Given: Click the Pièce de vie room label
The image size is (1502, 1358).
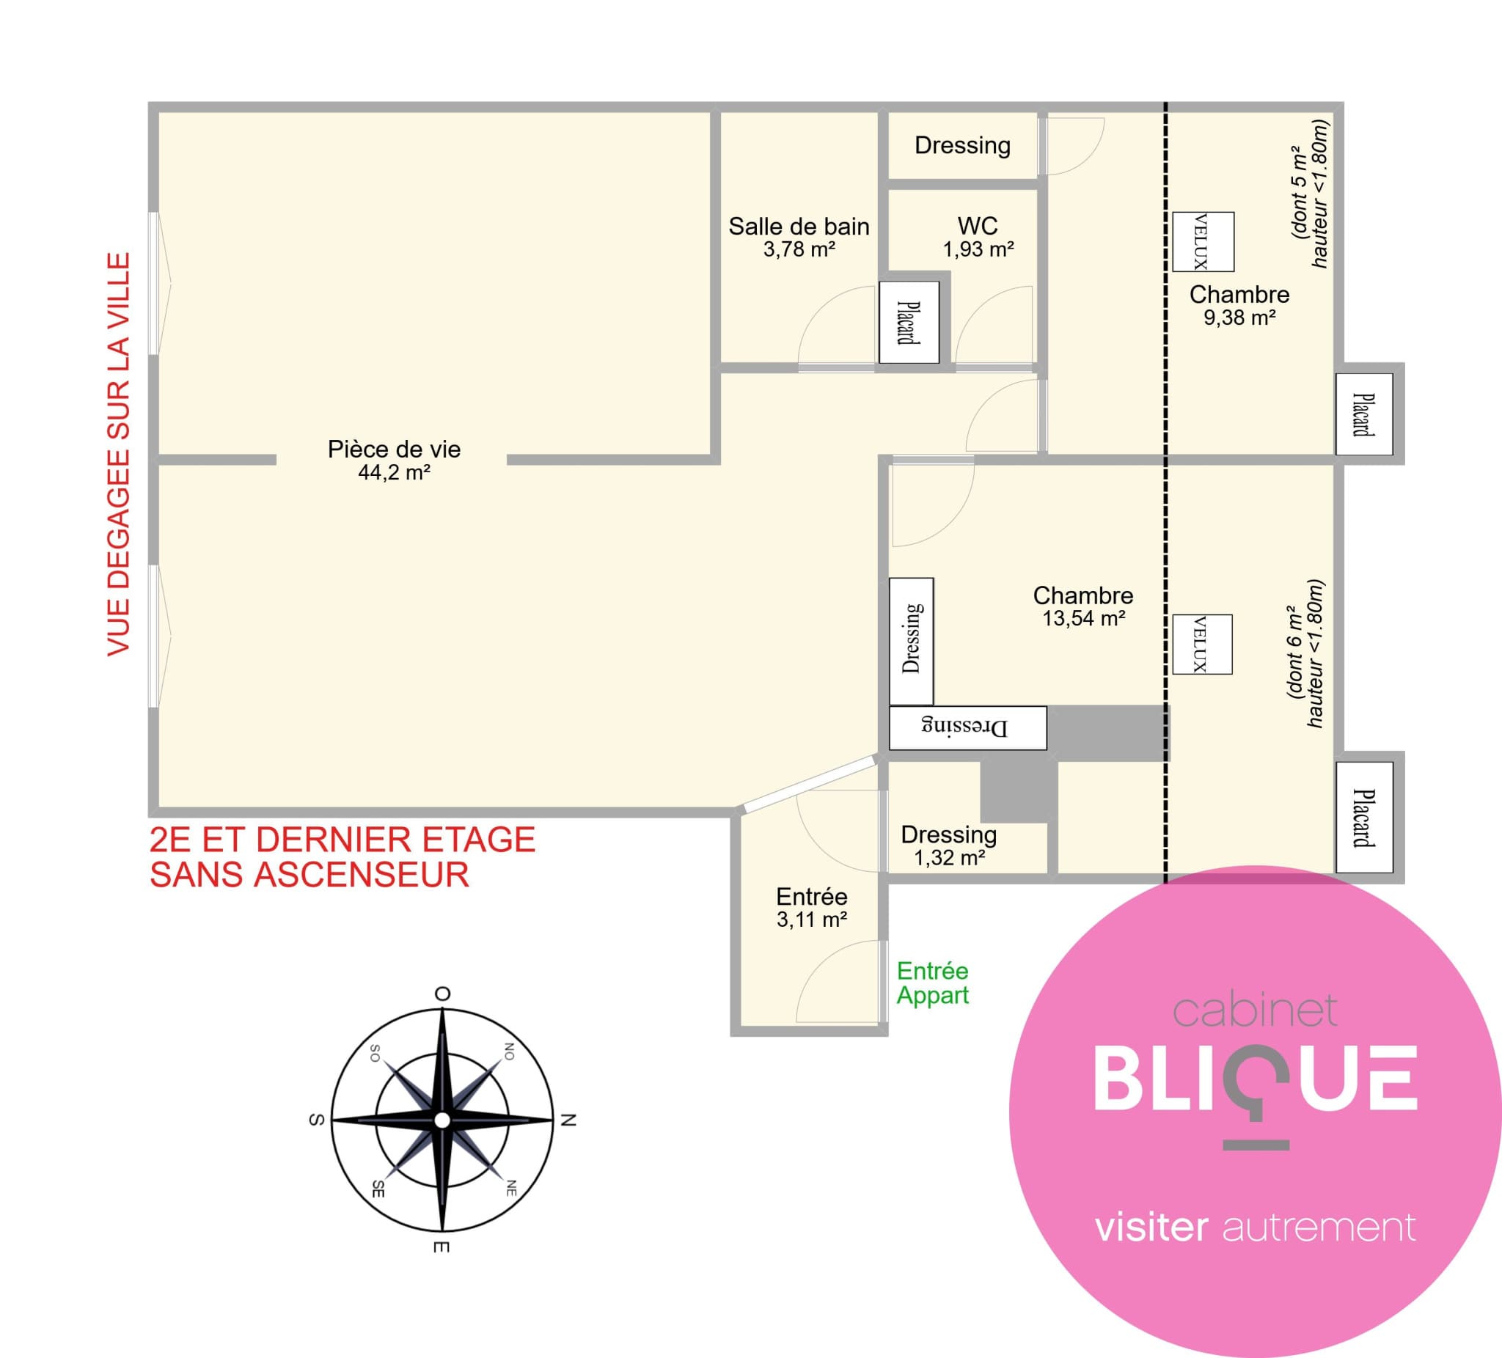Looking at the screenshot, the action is click(x=394, y=449).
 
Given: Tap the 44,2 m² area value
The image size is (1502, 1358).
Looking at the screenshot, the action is click(x=394, y=472).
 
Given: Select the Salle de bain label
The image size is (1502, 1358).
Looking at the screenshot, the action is click(x=799, y=226).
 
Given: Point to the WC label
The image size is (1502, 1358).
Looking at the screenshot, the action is click(x=978, y=225).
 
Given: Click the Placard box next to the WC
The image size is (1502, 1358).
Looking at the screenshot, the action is click(x=909, y=323).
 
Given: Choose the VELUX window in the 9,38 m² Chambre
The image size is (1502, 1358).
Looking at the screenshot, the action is click(x=1204, y=242).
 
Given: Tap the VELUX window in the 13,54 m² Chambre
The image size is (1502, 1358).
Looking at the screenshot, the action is click(x=1203, y=645).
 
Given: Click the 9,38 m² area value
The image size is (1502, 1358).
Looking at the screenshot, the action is click(x=1239, y=318).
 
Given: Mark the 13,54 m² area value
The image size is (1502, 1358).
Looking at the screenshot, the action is click(x=1083, y=618).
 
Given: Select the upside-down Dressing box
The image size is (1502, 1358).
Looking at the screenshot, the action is click(x=968, y=728).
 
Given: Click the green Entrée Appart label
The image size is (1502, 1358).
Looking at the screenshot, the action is click(x=933, y=983).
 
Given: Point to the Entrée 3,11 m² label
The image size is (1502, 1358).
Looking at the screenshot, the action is click(x=812, y=907).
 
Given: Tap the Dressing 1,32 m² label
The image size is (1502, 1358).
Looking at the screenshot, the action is click(x=949, y=845).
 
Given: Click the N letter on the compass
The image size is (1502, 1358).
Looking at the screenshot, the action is click(x=568, y=1120).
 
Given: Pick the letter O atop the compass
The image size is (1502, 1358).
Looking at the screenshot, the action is click(x=442, y=993).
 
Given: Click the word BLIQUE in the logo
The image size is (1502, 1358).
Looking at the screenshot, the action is click(x=1256, y=1078).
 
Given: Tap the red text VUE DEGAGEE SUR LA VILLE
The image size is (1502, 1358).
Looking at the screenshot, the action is click(x=120, y=455).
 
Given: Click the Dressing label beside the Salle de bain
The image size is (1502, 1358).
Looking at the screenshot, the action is click(x=963, y=146).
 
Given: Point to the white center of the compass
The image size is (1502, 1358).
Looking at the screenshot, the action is click(x=442, y=1120).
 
